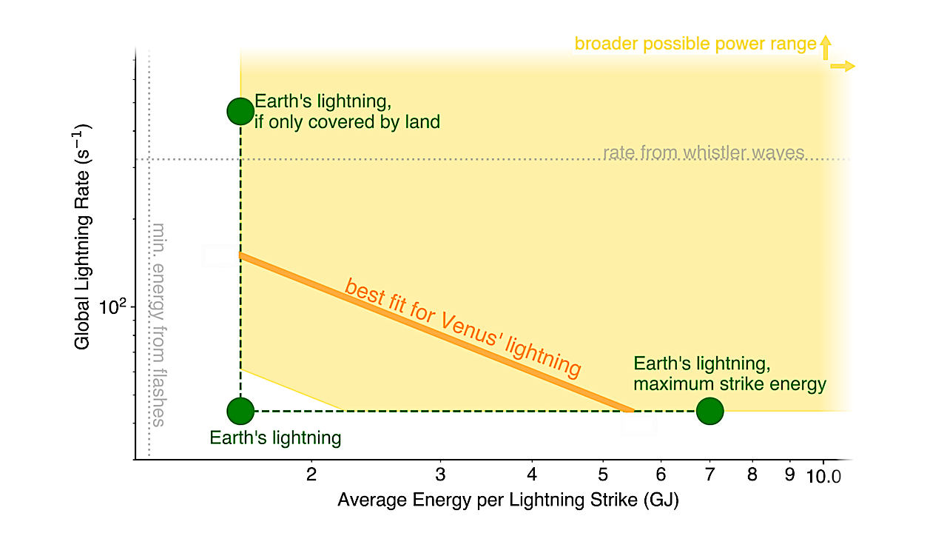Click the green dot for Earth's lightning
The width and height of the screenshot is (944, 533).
tap(240, 410)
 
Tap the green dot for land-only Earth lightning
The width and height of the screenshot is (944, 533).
tap(240, 111)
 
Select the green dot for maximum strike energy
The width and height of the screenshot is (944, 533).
tap(709, 411)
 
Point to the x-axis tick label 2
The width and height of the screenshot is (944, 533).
tap(311, 475)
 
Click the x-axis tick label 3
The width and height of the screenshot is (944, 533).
tap(440, 475)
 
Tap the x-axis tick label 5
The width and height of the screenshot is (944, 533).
tap(602, 475)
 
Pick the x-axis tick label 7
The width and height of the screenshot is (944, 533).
tap(709, 475)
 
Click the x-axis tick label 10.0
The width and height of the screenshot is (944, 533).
tap(824, 475)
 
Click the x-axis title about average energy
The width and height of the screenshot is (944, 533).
tap(508, 500)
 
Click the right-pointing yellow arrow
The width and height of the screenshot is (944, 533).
tap(843, 67)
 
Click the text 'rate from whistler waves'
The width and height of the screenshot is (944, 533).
tap(704, 153)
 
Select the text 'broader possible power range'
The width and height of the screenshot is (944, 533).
tap(695, 44)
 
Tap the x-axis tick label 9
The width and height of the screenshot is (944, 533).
tap(789, 475)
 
